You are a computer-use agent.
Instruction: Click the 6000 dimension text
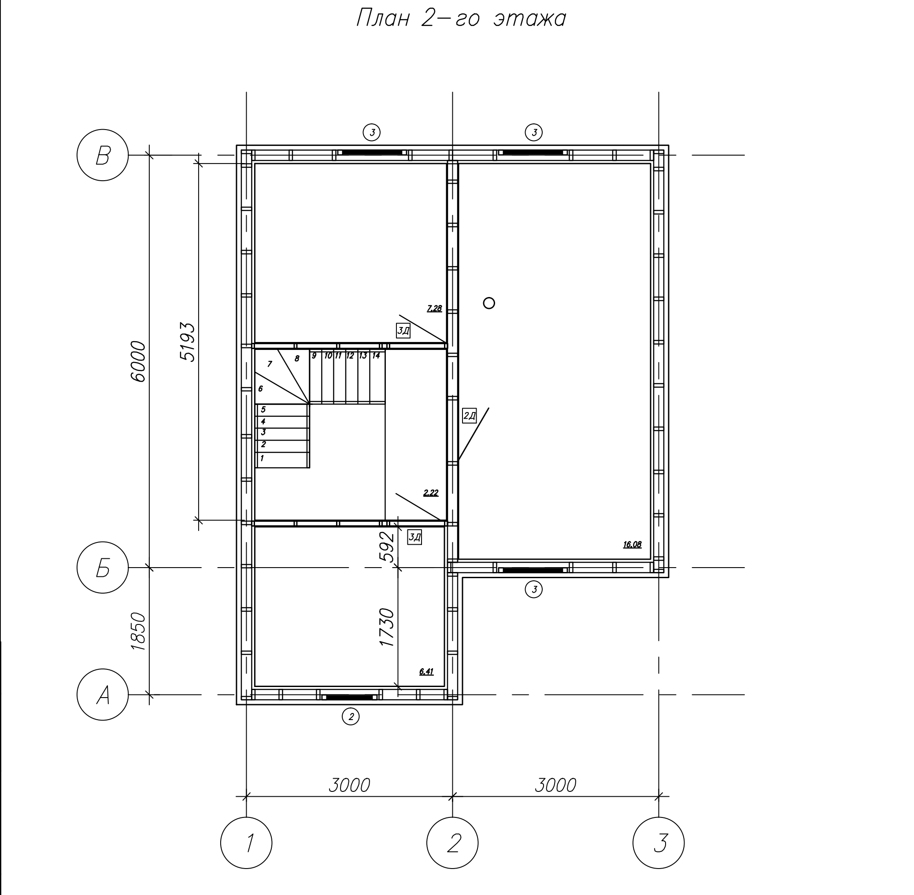tap(139, 361)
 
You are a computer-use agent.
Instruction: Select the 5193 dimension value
tap(188, 342)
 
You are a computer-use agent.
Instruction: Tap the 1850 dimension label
tap(139, 631)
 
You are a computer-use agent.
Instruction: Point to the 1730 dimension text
tap(387, 628)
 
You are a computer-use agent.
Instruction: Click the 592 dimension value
tap(387, 547)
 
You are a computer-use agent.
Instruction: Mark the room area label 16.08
tap(632, 545)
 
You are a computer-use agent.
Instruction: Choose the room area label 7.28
tap(434, 309)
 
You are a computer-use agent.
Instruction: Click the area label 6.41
tap(426, 672)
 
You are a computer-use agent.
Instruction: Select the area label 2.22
tap(431, 493)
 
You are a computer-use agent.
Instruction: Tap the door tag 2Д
tap(470, 416)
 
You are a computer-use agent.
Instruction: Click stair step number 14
tap(376, 356)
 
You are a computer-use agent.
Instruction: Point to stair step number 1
tap(262, 458)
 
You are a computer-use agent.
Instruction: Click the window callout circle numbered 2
tap(351, 717)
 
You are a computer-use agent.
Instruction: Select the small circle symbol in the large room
tap(489, 303)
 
